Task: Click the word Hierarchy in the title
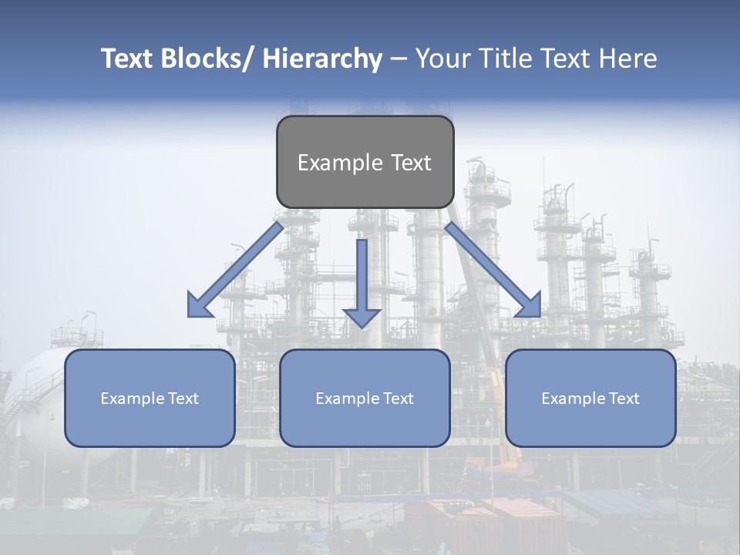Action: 321,59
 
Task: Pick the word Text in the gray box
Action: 410,163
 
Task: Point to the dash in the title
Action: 399,59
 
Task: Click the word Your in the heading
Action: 442,59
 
